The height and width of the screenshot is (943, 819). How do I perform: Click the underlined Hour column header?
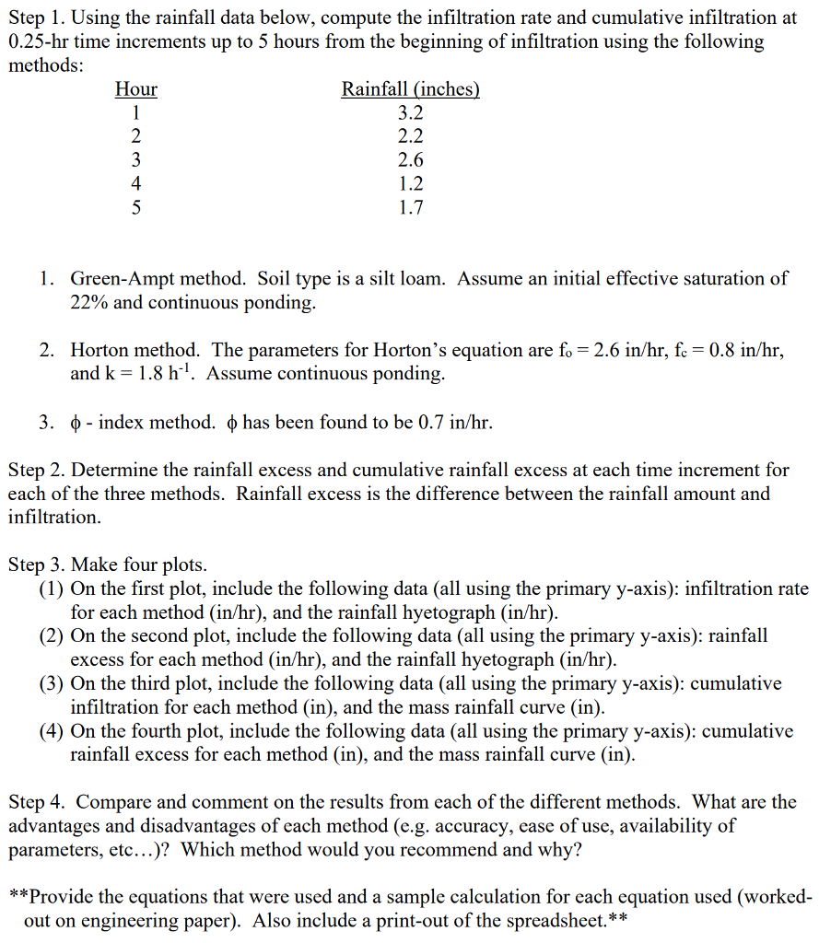tap(135, 89)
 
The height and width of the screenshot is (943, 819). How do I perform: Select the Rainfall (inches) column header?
tap(410, 89)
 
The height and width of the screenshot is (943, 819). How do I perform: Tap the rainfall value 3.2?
tap(410, 113)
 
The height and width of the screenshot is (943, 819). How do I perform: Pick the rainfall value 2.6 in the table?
tap(410, 160)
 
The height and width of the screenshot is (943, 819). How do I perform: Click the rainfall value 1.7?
tap(410, 207)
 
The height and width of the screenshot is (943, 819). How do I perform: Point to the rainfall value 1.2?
tap(410, 184)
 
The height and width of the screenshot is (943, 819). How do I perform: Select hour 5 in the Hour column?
tap(135, 207)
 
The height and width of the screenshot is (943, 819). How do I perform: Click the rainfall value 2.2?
tap(410, 137)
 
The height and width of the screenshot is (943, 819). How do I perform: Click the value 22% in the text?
tap(89, 302)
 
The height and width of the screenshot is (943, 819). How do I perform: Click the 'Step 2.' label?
tap(36, 470)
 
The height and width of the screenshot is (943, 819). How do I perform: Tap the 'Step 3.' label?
tap(36, 565)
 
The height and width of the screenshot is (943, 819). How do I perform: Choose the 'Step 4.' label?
tap(36, 802)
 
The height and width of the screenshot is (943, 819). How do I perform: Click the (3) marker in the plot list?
tap(52, 683)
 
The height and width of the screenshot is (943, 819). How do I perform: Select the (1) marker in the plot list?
tap(52, 588)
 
